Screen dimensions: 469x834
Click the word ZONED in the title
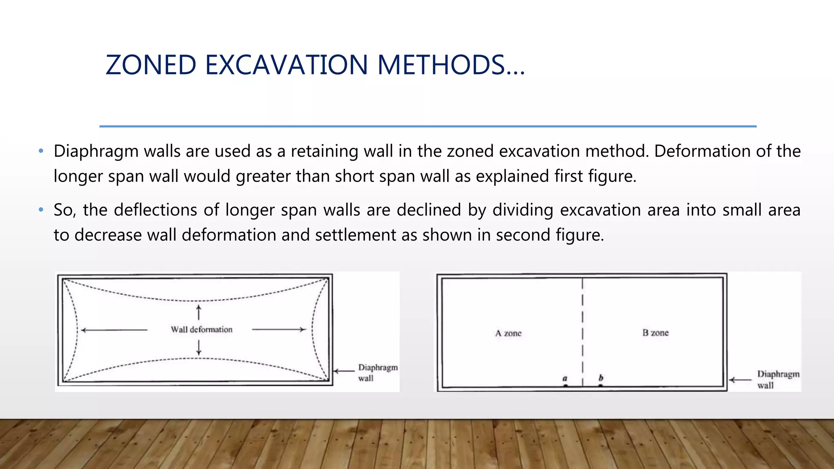(151, 65)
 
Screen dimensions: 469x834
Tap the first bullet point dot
(41, 151)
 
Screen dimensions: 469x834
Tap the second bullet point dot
(41, 210)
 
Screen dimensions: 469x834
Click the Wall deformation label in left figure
(202, 329)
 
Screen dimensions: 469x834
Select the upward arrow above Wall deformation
(199, 312)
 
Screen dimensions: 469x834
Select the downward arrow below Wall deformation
(199, 347)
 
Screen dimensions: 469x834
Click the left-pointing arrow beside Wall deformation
(114, 330)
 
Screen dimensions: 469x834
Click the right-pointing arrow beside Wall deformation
(279, 329)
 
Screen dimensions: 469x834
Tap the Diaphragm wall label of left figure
(377, 373)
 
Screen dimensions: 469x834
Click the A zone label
(508, 333)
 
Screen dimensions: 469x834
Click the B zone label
(655, 333)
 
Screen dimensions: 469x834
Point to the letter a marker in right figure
(565, 379)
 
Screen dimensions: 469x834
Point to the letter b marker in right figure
(601, 378)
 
